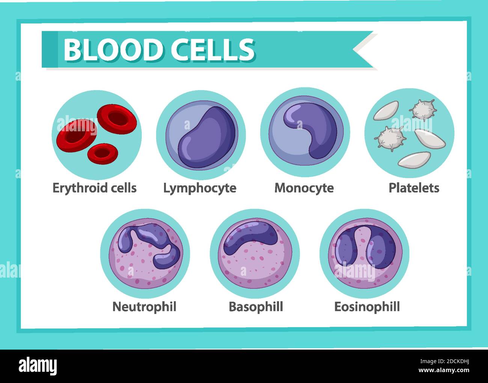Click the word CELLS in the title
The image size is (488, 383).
click(211, 50)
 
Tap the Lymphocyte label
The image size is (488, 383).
click(200, 188)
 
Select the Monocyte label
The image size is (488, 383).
click(304, 188)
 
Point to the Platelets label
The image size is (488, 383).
click(414, 188)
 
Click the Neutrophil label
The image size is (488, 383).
click(144, 307)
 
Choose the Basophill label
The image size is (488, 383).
click(256, 307)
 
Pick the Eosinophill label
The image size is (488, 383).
click(367, 307)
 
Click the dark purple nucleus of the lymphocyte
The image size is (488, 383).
click(207, 137)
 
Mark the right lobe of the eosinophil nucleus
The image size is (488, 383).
click(383, 249)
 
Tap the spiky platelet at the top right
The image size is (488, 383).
click(423, 110)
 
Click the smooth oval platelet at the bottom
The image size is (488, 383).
click(414, 159)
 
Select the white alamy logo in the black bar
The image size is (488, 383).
click(38, 366)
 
